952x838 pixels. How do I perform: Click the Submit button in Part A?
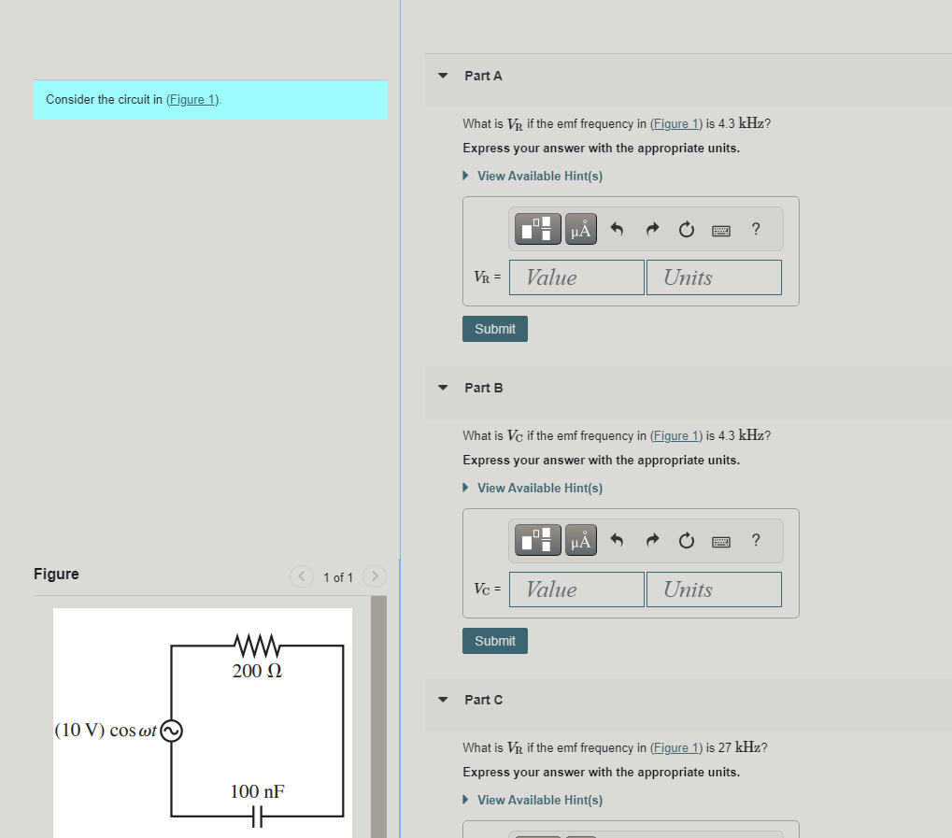point(494,329)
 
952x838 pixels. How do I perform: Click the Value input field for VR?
point(576,277)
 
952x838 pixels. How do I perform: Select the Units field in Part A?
point(714,277)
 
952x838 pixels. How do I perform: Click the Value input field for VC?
point(576,589)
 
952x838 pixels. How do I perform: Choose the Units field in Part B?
point(714,589)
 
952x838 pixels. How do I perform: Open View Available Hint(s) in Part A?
point(539,176)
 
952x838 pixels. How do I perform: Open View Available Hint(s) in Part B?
point(539,488)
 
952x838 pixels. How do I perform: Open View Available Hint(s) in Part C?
point(539,800)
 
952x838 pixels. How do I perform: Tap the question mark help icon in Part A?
point(756,229)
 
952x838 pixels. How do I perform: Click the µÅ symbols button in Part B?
point(581,541)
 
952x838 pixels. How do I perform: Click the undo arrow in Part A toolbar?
point(617,229)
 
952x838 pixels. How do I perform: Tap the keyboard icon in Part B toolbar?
point(721,542)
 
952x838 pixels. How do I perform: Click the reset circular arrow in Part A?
point(687,229)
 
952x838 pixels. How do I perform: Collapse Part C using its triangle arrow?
point(443,700)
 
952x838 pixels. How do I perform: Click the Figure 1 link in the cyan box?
point(192,100)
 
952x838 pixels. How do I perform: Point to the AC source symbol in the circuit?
point(171,731)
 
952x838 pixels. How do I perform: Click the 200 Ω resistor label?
point(257,671)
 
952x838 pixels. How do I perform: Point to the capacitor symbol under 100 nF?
point(258,817)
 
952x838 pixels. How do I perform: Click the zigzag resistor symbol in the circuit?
point(258,646)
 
